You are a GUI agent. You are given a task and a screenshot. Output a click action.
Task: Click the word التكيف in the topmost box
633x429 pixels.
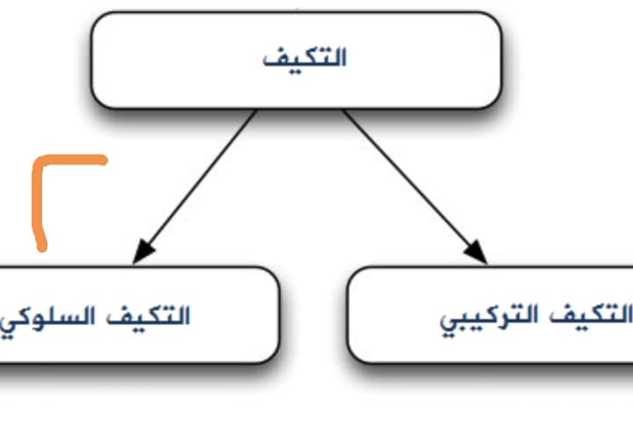305,58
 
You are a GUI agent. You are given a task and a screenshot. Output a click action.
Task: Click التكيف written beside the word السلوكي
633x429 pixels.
149,316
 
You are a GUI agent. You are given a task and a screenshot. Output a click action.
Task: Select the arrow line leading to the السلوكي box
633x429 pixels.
194,187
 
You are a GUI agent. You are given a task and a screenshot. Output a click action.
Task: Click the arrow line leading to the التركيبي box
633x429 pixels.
415,187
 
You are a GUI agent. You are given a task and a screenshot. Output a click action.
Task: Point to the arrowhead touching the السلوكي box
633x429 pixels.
142,252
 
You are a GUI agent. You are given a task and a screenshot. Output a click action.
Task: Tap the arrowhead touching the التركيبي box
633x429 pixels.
477,252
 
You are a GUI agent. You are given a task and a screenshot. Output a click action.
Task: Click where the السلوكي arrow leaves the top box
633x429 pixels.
256,110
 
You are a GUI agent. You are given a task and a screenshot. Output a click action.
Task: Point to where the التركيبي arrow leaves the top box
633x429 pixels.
343,110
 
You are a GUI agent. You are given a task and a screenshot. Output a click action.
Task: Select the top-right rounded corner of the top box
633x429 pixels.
495,18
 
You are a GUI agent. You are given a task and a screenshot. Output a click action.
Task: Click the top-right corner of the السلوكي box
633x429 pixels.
273,273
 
